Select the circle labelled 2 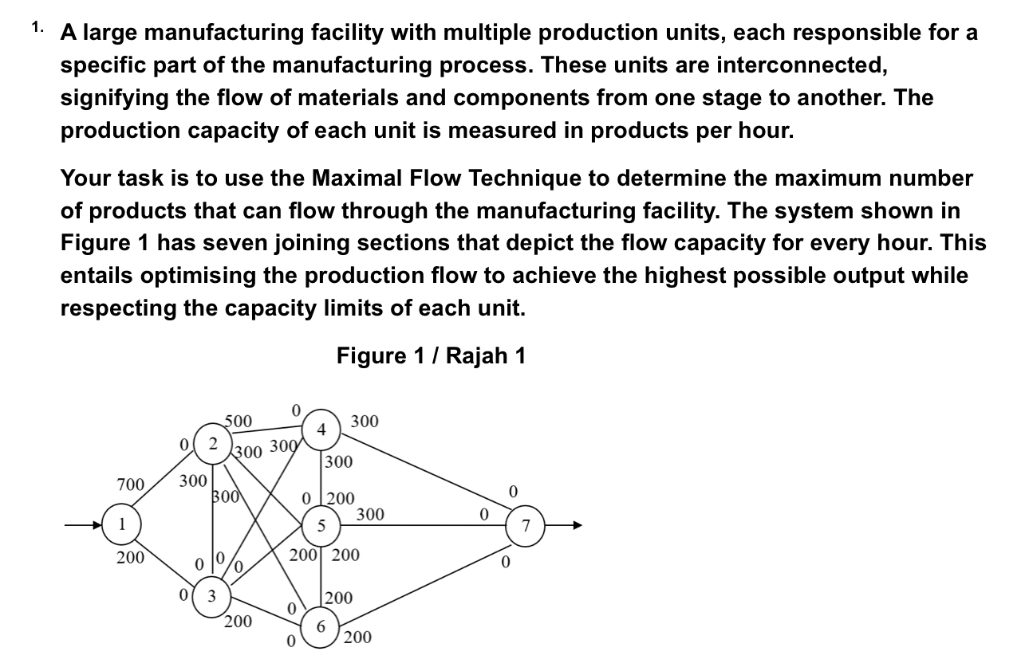click(x=213, y=442)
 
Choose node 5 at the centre click(x=321, y=526)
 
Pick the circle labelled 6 click(x=321, y=626)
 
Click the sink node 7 click(x=526, y=526)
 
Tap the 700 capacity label click(x=130, y=485)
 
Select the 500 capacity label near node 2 click(x=238, y=421)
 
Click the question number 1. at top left click(x=37, y=27)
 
